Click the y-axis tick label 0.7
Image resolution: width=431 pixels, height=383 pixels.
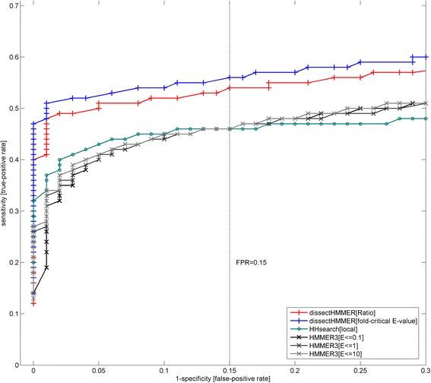tap(16, 6)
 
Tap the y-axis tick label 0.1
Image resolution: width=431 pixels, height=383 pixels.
tap(16, 314)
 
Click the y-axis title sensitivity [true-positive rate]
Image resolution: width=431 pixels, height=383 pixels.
tap(5, 186)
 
